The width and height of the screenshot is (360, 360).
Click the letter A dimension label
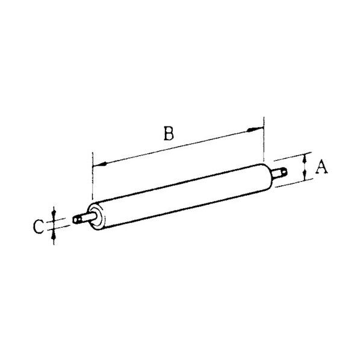[321, 167]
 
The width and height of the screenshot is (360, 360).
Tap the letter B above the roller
[169, 133]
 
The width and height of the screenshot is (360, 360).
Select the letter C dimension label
[38, 226]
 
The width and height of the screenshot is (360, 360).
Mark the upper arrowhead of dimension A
[305, 159]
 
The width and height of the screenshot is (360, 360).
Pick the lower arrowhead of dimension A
[305, 175]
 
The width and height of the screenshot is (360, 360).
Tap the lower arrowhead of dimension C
[54, 235]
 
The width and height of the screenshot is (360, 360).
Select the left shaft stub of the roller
[84, 218]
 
